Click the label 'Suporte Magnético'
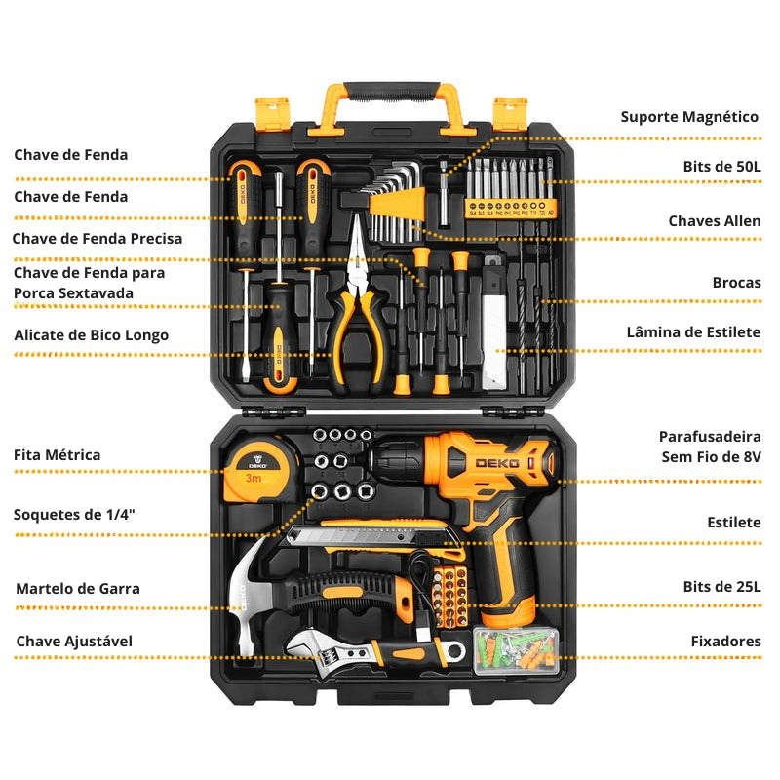pos(689,117)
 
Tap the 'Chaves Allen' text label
pos(714,221)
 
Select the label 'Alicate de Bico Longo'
pos(91,335)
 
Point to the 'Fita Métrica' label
pos(57,455)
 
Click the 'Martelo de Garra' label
pos(77,589)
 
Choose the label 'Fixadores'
pos(725,642)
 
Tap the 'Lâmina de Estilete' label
pos(693,332)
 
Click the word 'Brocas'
pos(736,283)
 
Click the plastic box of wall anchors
pos(518,649)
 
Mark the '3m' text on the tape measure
pos(253,479)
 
